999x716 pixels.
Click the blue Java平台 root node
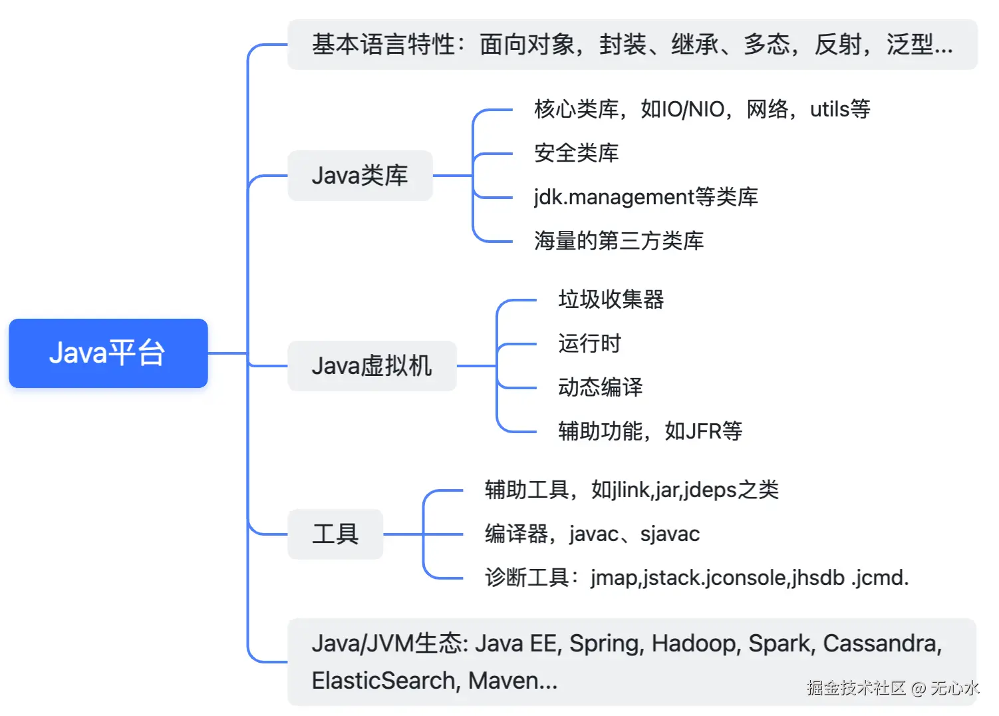pyautogui.click(x=108, y=353)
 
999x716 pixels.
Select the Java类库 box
pyautogui.click(x=360, y=176)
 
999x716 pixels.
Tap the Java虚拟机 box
pyautogui.click(x=372, y=366)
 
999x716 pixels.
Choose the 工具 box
pyautogui.click(x=335, y=534)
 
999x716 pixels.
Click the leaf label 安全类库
pyautogui.click(x=576, y=153)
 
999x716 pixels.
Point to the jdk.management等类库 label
pyautogui.click(x=645, y=197)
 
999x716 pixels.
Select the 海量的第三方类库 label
pyautogui.click(x=619, y=241)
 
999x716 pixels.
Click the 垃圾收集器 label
pyautogui.click(x=611, y=299)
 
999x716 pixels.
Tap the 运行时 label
pyautogui.click(x=589, y=343)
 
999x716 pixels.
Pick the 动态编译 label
pyautogui.click(x=600, y=387)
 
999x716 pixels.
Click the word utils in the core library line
pyautogui.click(x=829, y=109)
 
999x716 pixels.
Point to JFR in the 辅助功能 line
pyautogui.click(x=704, y=431)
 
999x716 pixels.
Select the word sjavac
pyautogui.click(x=670, y=534)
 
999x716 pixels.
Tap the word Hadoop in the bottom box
pyautogui.click(x=695, y=643)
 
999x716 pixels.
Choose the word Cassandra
pyautogui.click(x=881, y=643)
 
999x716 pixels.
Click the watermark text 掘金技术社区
pyautogui.click(x=856, y=687)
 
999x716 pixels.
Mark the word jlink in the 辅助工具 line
pyautogui.click(x=631, y=490)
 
